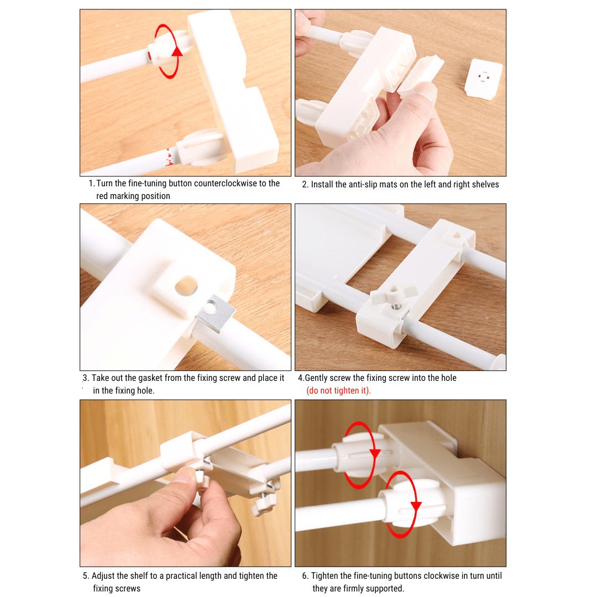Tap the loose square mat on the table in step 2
(x=483, y=79)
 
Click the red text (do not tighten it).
(x=339, y=391)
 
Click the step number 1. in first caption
(x=91, y=184)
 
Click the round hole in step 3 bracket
(x=186, y=285)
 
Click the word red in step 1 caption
(x=102, y=196)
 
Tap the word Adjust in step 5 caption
(x=103, y=576)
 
